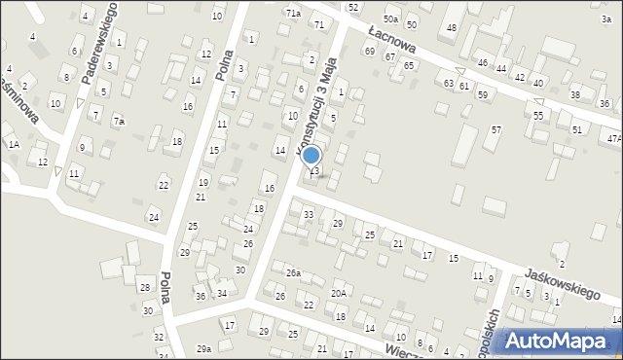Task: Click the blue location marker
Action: [x=311, y=156]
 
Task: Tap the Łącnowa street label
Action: [x=391, y=45]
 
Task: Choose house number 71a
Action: [x=293, y=13]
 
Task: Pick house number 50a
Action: [x=390, y=19]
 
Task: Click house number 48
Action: [x=451, y=27]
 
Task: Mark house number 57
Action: [x=495, y=130]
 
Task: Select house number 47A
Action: [x=613, y=139]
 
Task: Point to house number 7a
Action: [x=119, y=122]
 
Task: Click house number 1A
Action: [x=14, y=144]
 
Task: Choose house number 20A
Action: [x=339, y=293]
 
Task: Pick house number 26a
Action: [x=293, y=273]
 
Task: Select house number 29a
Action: [x=203, y=348]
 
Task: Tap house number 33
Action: [x=309, y=214]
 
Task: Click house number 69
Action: [x=369, y=51]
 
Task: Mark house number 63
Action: [x=449, y=84]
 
